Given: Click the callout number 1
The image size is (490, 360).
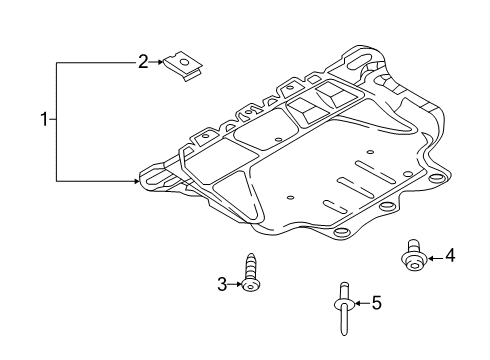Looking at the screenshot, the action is pyautogui.click(x=44, y=119).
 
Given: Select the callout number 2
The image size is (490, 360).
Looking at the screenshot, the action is pyautogui.click(x=143, y=62).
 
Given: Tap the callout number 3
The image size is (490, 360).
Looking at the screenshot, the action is pyautogui.click(x=222, y=284).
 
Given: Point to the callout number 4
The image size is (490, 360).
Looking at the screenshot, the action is pyautogui.click(x=450, y=255).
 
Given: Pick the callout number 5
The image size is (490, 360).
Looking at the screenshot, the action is pyautogui.click(x=376, y=303).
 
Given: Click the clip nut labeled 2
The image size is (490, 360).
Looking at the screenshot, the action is pyautogui.click(x=183, y=66).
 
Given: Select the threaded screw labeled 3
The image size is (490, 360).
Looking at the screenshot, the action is pyautogui.click(x=251, y=272).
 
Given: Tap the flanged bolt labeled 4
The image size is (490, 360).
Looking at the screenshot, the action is pyautogui.click(x=414, y=256).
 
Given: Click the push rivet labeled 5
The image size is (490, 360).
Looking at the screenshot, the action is pyautogui.click(x=344, y=309).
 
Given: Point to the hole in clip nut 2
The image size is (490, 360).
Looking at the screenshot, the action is pyautogui.click(x=184, y=62).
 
